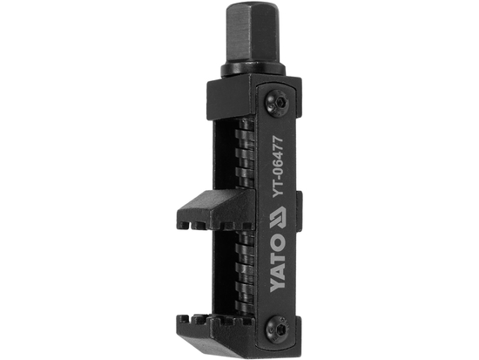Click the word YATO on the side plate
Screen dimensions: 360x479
click(278, 283)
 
